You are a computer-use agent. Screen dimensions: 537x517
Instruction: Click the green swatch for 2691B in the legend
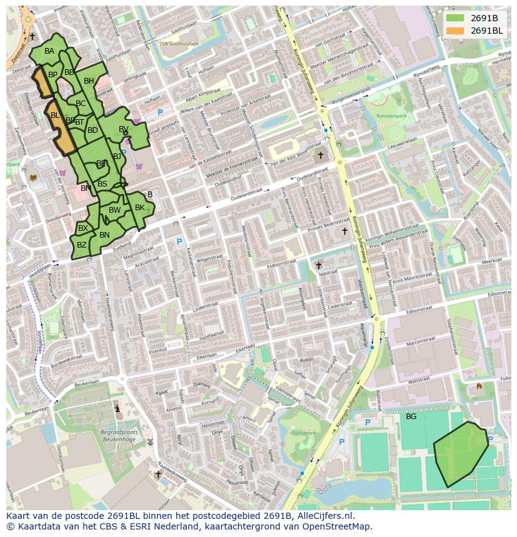(x=455, y=17)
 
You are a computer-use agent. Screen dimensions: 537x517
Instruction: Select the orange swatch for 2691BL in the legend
(x=455, y=30)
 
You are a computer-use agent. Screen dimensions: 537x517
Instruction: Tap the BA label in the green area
(x=49, y=51)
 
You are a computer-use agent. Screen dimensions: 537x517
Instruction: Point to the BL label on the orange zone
(x=55, y=115)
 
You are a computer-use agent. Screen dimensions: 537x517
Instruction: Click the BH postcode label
(x=89, y=81)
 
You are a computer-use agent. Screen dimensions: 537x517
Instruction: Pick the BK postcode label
(x=140, y=208)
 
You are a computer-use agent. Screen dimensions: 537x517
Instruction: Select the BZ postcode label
(x=82, y=245)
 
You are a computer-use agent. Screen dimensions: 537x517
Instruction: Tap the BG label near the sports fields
(x=411, y=416)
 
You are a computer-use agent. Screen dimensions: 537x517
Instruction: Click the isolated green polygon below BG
(x=460, y=453)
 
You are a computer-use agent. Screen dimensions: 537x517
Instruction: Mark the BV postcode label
(x=124, y=129)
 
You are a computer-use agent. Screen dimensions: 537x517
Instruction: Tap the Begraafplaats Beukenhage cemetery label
(x=119, y=435)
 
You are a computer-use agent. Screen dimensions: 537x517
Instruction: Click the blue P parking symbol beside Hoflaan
(x=160, y=113)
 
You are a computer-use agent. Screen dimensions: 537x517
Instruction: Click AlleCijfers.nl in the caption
(x=324, y=516)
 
